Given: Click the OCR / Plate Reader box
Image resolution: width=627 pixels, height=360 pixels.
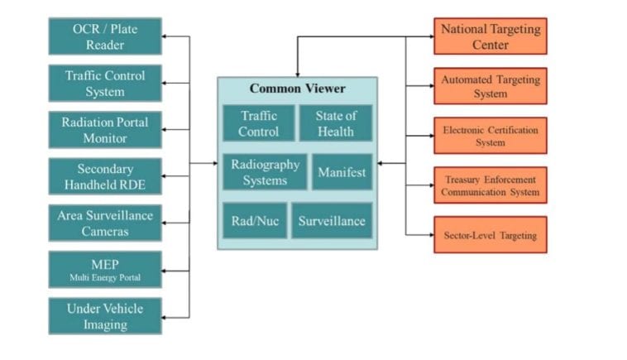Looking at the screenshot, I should (104, 36).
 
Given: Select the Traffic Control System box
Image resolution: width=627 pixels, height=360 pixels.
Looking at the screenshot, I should (104, 83).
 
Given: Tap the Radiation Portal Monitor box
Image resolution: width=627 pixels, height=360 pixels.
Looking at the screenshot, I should (104, 129).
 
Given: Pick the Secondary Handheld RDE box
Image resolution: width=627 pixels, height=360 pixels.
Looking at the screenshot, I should (104, 176).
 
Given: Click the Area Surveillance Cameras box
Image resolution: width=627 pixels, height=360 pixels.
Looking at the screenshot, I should (104, 223).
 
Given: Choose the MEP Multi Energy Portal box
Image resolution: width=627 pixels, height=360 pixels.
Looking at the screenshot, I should (104, 269).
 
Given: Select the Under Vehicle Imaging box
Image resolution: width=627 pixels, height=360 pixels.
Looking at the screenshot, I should (104, 316).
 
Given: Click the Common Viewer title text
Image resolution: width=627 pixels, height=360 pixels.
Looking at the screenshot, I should (297, 89).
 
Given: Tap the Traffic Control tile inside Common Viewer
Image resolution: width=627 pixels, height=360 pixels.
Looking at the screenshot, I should (258, 123).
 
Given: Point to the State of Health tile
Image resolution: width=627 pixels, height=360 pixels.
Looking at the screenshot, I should (335, 123).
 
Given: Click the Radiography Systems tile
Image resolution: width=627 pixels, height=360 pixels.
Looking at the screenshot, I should (265, 172).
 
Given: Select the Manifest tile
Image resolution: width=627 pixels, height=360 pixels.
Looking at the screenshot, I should (342, 172).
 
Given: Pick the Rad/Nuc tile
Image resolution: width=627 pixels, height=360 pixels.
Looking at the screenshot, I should (254, 221).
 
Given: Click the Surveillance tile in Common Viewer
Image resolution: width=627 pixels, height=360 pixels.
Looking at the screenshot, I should (331, 221).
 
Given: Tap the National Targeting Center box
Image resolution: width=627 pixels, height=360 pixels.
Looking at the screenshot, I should (490, 36).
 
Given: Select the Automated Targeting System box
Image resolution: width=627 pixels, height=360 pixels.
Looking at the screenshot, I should (490, 86).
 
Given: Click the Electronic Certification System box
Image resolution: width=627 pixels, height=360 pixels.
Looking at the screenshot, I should (490, 136).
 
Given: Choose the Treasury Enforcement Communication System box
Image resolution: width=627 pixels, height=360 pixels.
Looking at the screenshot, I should (490, 185).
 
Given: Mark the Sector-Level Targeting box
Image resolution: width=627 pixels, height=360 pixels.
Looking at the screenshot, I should (490, 235).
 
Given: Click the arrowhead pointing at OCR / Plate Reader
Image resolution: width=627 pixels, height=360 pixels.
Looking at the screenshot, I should (165, 36).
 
